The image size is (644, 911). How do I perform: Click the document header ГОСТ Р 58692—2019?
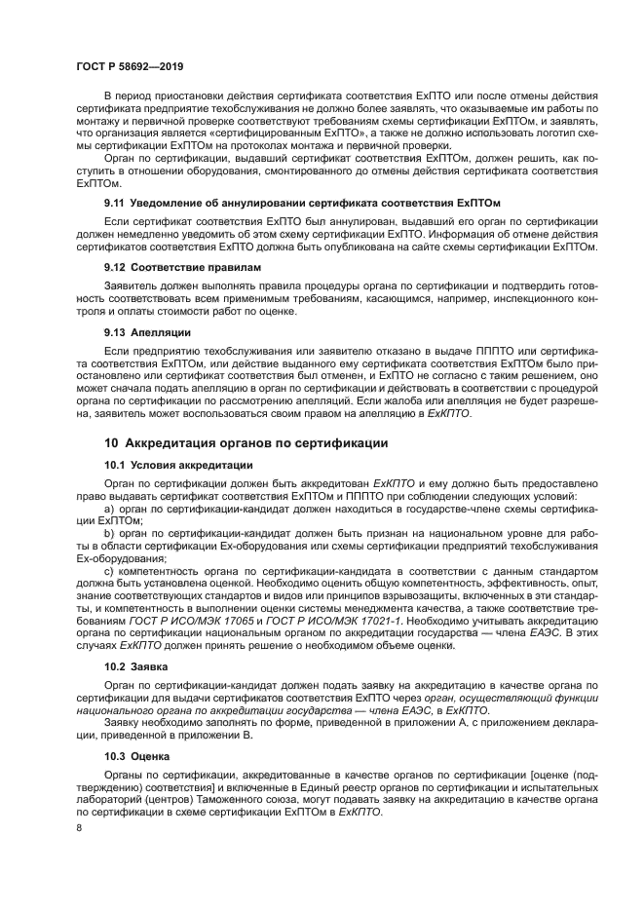tap(129, 66)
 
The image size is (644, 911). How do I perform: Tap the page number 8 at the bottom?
tap(79, 828)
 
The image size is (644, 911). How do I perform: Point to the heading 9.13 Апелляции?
tap(148, 331)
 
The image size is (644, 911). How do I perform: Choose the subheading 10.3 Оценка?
tap(136, 755)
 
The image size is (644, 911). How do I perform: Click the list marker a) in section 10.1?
tap(109, 509)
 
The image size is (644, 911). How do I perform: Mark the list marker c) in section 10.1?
tap(109, 571)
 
